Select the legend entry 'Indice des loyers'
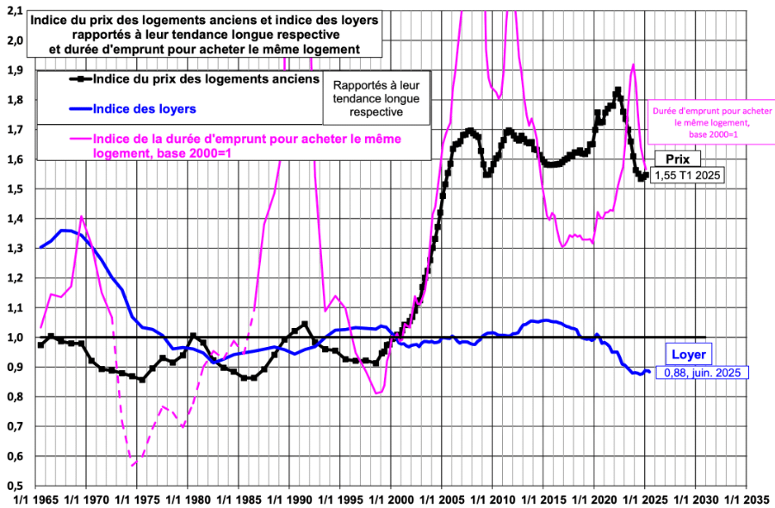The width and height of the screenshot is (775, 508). (x=144, y=108)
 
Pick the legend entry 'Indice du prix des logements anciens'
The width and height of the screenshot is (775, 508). (x=204, y=79)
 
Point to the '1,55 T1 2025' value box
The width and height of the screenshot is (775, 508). (x=689, y=176)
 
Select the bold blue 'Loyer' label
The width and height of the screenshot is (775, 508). (x=688, y=354)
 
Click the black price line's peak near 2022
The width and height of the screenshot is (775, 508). (x=617, y=90)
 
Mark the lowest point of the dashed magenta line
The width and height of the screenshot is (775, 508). (x=133, y=466)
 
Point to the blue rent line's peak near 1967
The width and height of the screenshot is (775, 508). (x=65, y=230)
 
